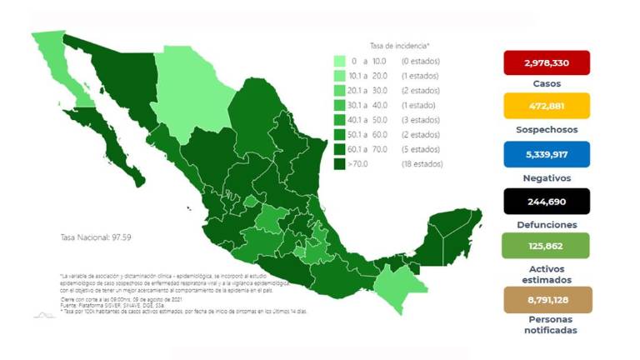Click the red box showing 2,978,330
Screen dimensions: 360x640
pyautogui.click(x=546, y=63)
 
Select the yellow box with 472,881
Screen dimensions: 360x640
pyautogui.click(x=546, y=106)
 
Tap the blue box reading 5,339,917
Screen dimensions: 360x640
pyautogui.click(x=546, y=154)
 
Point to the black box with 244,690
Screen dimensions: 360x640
pyautogui.click(x=546, y=201)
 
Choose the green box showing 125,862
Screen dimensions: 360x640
pyautogui.click(x=546, y=246)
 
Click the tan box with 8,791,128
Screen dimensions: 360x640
pyautogui.click(x=546, y=300)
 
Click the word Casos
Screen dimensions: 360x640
pyautogui.click(x=546, y=83)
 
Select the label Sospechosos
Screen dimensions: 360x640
pyautogui.click(x=546, y=130)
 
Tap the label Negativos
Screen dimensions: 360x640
pyautogui.click(x=546, y=177)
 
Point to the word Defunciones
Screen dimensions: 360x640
pyautogui.click(x=546, y=225)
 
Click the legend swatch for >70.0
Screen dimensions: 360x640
pyautogui.click(x=340, y=163)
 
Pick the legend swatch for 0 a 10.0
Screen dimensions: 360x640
pyautogui.click(x=340, y=62)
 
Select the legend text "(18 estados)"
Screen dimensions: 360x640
pyautogui.click(x=421, y=163)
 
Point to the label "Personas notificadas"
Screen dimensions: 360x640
pyautogui.click(x=546, y=325)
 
